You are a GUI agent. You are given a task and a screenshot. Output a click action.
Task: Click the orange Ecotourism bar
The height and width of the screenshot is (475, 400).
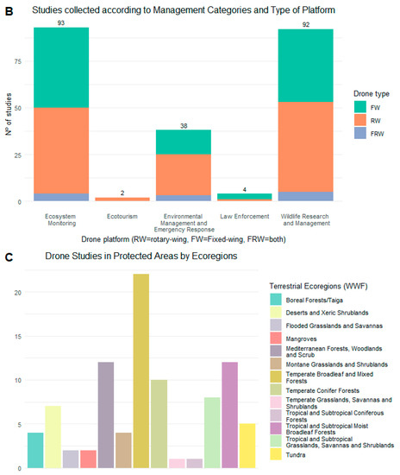pos(122,199)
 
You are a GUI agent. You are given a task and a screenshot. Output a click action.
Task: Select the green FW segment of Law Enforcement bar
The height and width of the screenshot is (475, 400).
pos(245,196)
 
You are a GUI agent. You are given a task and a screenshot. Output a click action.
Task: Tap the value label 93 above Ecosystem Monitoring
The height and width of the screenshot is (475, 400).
pos(61,23)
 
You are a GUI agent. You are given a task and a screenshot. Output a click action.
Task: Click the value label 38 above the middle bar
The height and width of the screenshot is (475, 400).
pos(184,126)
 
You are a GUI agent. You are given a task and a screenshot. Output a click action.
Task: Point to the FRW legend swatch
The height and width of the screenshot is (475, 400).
pos(360,133)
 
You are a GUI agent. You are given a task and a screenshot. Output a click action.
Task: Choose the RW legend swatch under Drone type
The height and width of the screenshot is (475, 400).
pos(360,120)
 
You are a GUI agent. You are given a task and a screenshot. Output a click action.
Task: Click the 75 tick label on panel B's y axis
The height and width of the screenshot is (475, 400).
pos(18,61)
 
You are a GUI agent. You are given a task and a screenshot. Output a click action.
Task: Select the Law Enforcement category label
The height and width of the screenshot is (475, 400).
pos(245,216)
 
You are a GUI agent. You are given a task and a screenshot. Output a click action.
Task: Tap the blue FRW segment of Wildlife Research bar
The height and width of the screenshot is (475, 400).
pos(306,196)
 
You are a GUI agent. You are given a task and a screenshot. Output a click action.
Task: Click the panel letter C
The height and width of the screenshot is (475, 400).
pos(9,257)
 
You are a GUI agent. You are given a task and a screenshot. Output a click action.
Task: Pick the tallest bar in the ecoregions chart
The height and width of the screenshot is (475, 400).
pos(141,371)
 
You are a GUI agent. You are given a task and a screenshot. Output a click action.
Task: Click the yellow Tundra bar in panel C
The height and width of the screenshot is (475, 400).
pos(247,446)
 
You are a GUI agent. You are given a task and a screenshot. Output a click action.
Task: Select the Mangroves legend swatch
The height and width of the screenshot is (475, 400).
pos(276,338)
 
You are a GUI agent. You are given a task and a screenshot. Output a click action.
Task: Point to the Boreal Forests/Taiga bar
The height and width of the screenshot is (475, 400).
pos(35,451)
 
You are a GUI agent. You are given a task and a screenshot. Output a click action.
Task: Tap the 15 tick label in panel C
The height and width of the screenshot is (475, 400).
pos(18,337)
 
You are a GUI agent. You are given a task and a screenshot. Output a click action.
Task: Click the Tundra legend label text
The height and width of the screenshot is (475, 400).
pos(296,455)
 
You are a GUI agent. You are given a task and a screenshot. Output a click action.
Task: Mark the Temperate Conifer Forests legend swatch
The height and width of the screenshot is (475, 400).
pos(276,389)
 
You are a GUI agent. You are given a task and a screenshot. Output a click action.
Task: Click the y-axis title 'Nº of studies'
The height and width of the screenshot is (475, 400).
pos(9,114)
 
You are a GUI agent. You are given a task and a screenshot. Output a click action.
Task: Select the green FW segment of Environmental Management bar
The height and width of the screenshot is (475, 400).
pos(184,142)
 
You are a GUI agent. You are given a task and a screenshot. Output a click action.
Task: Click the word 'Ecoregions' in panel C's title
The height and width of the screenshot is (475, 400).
pos(215,256)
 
